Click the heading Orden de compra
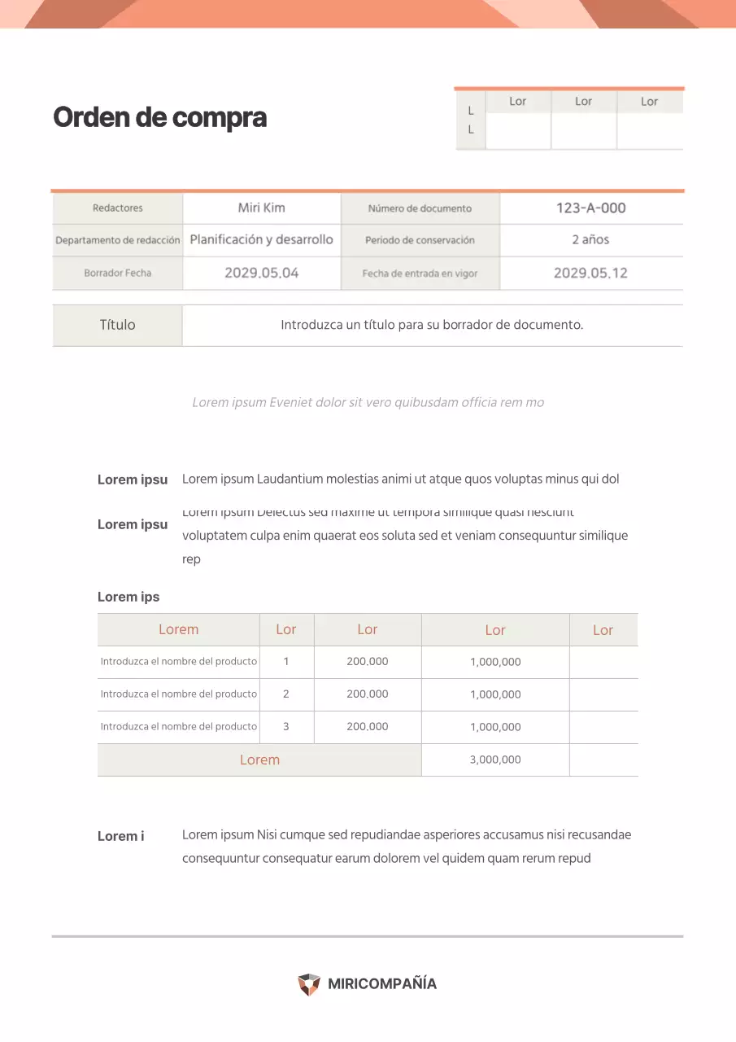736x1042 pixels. point(159,118)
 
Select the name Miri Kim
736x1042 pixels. point(261,208)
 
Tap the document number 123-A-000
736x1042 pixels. point(590,208)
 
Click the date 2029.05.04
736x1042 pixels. point(261,273)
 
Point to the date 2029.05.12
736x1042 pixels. point(590,273)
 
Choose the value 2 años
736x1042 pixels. point(590,240)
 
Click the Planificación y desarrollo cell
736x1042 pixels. point(261,239)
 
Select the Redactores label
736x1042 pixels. point(117,208)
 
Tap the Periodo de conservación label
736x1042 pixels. point(420,240)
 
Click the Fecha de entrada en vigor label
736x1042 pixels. point(420,274)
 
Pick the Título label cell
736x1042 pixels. point(117,325)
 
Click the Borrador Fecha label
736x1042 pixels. point(117,273)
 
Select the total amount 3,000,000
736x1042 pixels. point(495,760)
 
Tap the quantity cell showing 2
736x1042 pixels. point(286,694)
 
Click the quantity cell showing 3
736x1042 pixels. point(286,727)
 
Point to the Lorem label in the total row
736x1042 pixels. point(259,760)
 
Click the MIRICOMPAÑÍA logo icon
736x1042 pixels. point(309,984)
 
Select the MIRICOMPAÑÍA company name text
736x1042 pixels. point(382,983)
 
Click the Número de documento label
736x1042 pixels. point(420,208)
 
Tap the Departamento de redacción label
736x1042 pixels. point(117,240)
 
